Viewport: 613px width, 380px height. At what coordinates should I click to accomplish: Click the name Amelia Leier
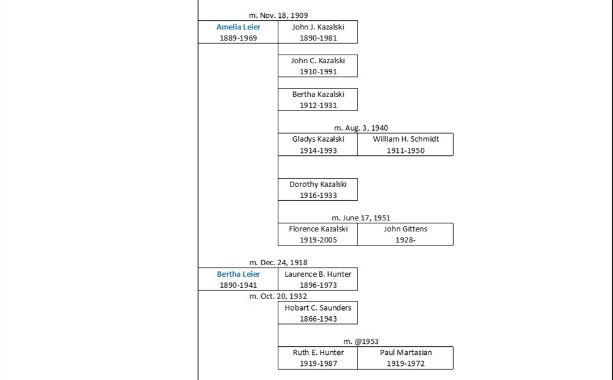point(238,27)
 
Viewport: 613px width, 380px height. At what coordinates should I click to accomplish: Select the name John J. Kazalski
point(318,27)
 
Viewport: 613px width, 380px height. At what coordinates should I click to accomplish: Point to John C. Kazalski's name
point(318,61)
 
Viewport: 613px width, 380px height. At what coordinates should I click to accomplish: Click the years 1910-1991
point(318,72)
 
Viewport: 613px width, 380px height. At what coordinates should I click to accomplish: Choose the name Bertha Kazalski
point(318,95)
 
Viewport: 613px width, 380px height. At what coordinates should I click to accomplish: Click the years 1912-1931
point(318,106)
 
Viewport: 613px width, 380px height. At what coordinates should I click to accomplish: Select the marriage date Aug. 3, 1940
point(360,128)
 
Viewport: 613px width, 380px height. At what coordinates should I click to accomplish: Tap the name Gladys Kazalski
point(318,139)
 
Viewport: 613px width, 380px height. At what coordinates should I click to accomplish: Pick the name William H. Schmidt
point(405,139)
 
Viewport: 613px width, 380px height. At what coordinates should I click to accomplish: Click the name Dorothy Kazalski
point(318,184)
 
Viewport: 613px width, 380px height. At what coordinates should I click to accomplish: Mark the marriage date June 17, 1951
point(360,218)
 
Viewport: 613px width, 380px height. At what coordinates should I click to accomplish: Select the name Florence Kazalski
point(318,229)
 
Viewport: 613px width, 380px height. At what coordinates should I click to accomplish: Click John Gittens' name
point(405,229)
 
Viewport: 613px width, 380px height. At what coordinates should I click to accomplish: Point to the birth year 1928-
point(405,240)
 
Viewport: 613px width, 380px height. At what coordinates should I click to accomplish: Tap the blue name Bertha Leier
point(238,274)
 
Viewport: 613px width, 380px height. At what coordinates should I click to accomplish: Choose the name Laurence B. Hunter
point(318,274)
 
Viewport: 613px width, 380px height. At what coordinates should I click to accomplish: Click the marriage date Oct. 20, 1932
point(278,297)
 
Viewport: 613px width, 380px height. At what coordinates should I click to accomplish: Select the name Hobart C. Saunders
point(318,308)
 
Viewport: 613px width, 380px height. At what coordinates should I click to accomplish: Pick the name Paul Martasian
point(405,353)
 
